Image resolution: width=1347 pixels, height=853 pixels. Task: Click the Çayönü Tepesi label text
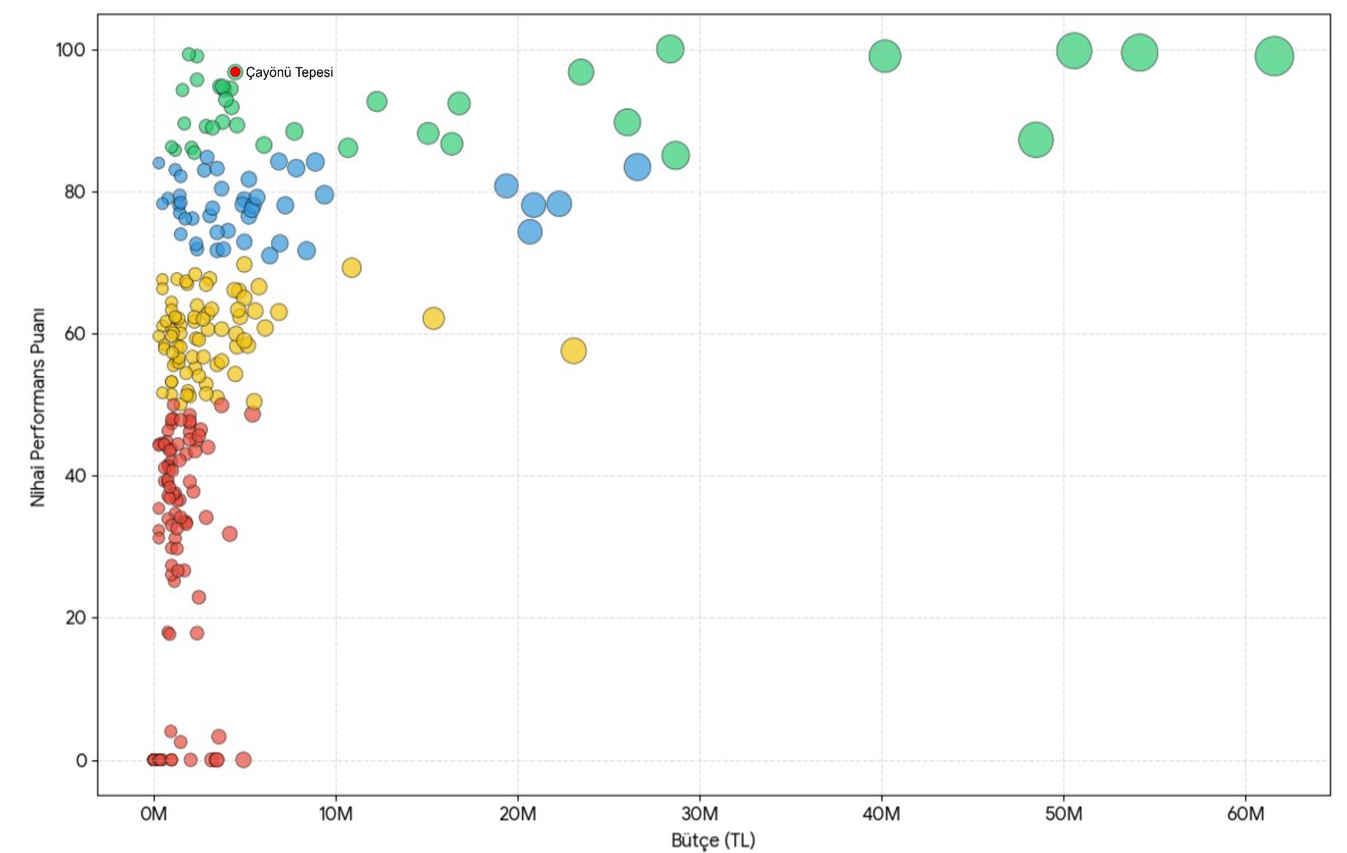(289, 72)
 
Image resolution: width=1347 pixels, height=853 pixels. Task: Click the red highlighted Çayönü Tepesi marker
(235, 72)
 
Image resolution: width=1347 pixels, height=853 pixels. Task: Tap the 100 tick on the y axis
(71, 50)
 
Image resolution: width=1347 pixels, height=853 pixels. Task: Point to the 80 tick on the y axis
(75, 192)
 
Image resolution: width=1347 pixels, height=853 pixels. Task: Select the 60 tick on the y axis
(75, 333)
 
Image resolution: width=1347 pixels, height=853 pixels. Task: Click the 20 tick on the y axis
(75, 618)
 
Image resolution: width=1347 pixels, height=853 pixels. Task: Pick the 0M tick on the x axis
(154, 814)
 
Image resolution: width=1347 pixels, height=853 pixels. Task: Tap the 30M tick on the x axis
(700, 814)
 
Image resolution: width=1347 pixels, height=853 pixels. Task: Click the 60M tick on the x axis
(1245, 814)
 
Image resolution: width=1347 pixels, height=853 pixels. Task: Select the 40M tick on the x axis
(881, 814)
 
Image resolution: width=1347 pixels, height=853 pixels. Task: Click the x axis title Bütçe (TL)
(713, 840)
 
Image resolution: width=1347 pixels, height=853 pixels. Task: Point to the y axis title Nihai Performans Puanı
(37, 407)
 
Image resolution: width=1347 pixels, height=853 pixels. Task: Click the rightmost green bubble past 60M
(1274, 56)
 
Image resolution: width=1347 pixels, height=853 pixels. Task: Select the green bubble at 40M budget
(885, 56)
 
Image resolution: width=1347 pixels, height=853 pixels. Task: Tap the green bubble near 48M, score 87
(1036, 140)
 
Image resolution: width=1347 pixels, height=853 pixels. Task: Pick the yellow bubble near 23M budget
(573, 351)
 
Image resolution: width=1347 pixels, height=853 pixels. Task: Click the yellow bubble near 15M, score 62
(434, 318)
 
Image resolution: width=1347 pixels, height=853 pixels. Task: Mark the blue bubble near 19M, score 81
(506, 186)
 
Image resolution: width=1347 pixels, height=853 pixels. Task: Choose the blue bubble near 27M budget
(637, 167)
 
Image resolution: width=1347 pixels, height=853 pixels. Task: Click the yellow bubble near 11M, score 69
(352, 268)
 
